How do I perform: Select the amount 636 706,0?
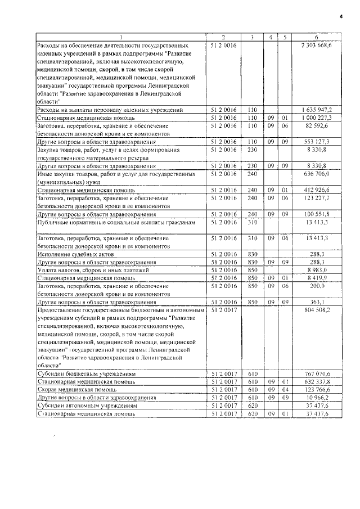(321, 175)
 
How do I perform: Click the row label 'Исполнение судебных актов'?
(70, 255)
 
